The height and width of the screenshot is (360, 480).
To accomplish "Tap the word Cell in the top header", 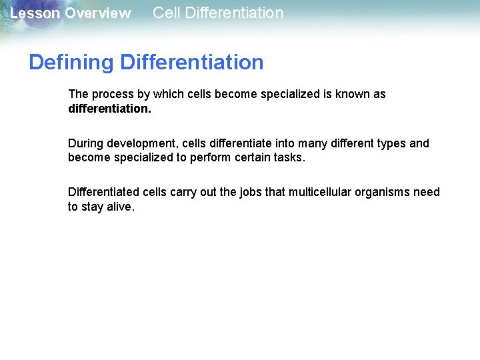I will pos(166,13).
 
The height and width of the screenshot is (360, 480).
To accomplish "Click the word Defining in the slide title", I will pos(71,63).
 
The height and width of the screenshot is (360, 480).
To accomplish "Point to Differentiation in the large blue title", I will pos(192,63).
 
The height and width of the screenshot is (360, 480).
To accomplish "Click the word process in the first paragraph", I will pos(111,95).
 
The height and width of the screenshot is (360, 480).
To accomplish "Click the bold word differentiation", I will pos(109,108).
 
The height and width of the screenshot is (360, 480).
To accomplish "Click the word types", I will pos(387,143).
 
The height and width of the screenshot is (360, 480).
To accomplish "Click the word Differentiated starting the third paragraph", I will pos(103,192).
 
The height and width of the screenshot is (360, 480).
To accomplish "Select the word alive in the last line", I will pos(121,207).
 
